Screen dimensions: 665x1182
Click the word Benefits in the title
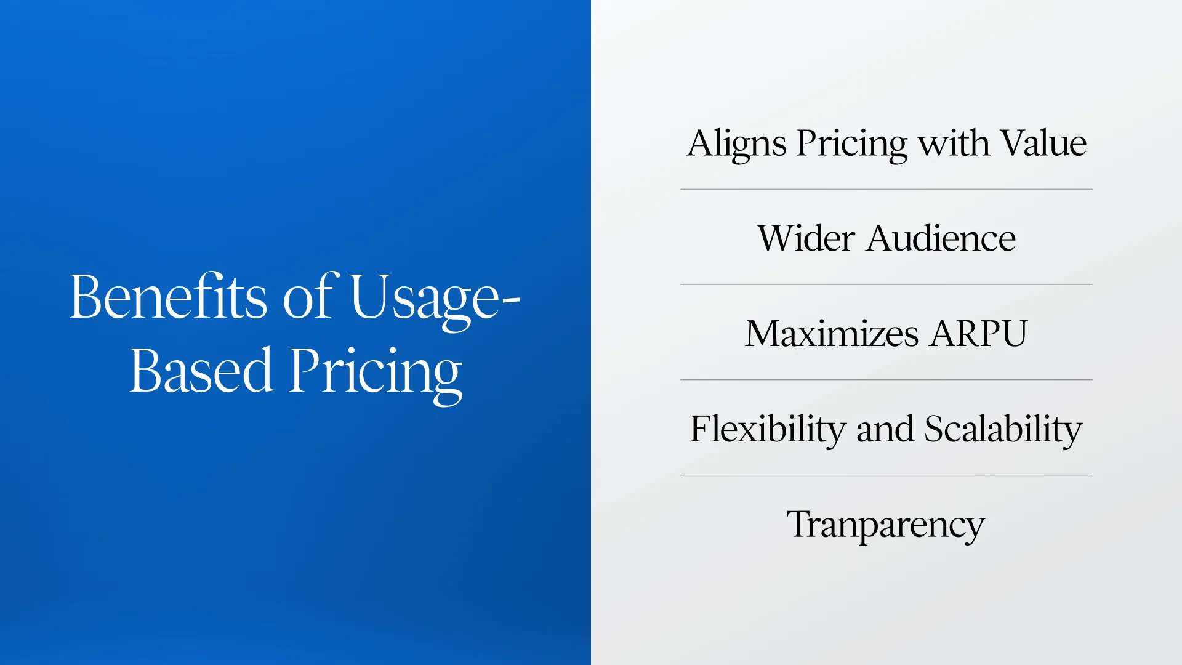pyautogui.click(x=168, y=297)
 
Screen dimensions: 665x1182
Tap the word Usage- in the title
pyautogui.click(x=435, y=298)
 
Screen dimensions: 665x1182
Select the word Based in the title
pyautogui.click(x=201, y=371)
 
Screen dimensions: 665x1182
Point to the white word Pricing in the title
pyautogui.click(x=376, y=372)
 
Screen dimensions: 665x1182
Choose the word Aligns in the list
pyautogui.click(x=736, y=144)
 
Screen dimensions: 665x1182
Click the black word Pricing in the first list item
pyautogui.click(x=851, y=144)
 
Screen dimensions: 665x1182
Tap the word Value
pyautogui.click(x=1043, y=143)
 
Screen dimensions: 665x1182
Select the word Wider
pyautogui.click(x=806, y=238)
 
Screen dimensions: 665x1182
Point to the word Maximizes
pyautogui.click(x=832, y=334)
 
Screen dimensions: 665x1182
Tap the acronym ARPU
pyautogui.click(x=979, y=334)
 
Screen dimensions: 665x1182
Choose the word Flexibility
pyautogui.click(x=767, y=429)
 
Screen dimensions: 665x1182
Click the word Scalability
pyautogui.click(x=1003, y=429)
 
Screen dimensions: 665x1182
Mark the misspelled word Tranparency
pyautogui.click(x=886, y=525)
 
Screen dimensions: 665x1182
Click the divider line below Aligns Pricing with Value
pyautogui.click(x=886, y=189)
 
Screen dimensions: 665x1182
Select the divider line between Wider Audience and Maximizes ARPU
pyautogui.click(x=886, y=284)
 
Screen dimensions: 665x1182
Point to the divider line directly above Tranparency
pyautogui.click(x=886, y=475)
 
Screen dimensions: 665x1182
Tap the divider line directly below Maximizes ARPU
pyautogui.click(x=886, y=380)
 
